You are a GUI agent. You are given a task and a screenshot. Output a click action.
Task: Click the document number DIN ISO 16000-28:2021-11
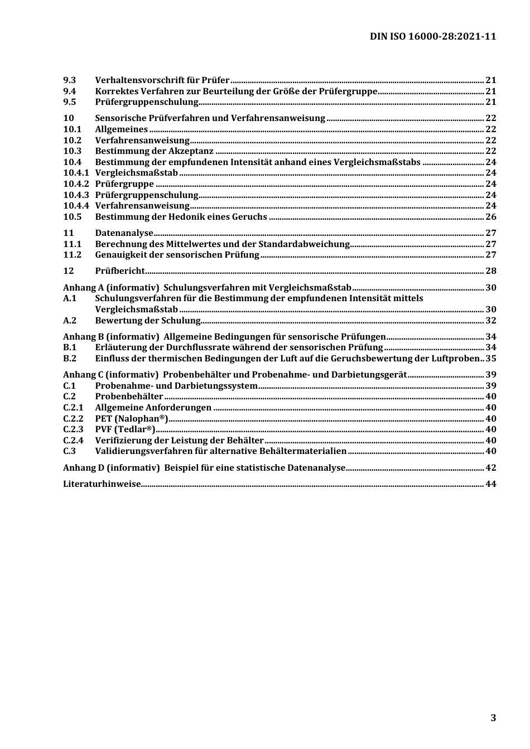[433, 36]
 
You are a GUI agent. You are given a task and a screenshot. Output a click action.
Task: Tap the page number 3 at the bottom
[493, 718]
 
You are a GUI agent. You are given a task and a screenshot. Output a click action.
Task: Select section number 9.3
[69, 80]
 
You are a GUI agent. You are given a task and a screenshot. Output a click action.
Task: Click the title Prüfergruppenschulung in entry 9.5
[147, 102]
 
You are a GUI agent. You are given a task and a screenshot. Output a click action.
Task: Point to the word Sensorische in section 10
[121, 118]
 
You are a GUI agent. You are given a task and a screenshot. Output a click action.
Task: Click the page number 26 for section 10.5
[490, 216]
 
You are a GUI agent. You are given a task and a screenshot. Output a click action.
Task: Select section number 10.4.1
[76, 173]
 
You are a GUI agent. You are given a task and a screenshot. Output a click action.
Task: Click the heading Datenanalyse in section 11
[124, 233]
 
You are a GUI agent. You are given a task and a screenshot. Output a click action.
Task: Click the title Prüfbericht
[120, 270]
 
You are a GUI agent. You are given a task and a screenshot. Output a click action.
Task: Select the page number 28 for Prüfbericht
[490, 270]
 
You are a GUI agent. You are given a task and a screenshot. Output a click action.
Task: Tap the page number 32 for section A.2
[490, 320]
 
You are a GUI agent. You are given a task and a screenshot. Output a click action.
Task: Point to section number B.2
[70, 358]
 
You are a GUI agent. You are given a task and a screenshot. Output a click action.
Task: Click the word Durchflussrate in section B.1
[195, 347]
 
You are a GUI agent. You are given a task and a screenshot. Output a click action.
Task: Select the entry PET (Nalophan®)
[131, 418]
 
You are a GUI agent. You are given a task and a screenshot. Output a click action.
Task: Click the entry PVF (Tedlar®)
[125, 429]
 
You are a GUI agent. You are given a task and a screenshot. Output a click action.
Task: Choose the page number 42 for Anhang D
[490, 467]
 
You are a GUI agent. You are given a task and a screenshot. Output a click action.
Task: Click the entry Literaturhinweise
[102, 484]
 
